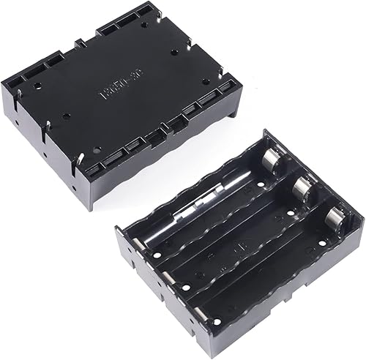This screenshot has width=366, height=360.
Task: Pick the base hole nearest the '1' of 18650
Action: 67,116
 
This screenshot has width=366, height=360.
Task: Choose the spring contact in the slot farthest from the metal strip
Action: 336,218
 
